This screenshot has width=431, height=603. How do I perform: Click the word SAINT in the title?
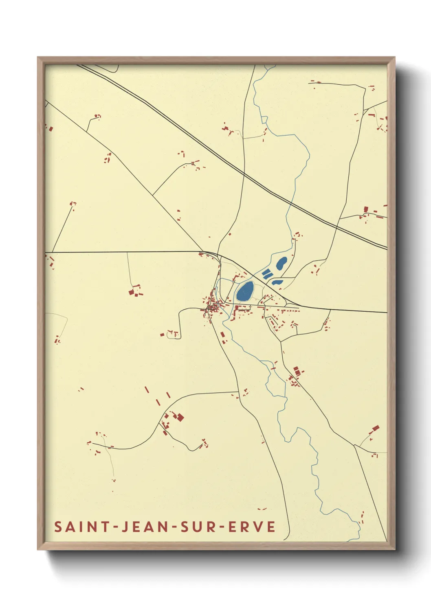82,527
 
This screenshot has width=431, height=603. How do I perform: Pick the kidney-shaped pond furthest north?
281,263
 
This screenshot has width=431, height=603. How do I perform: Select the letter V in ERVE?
259,527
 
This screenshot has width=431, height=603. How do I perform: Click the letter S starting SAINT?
58,527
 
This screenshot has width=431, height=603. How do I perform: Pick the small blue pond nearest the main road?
277,282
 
